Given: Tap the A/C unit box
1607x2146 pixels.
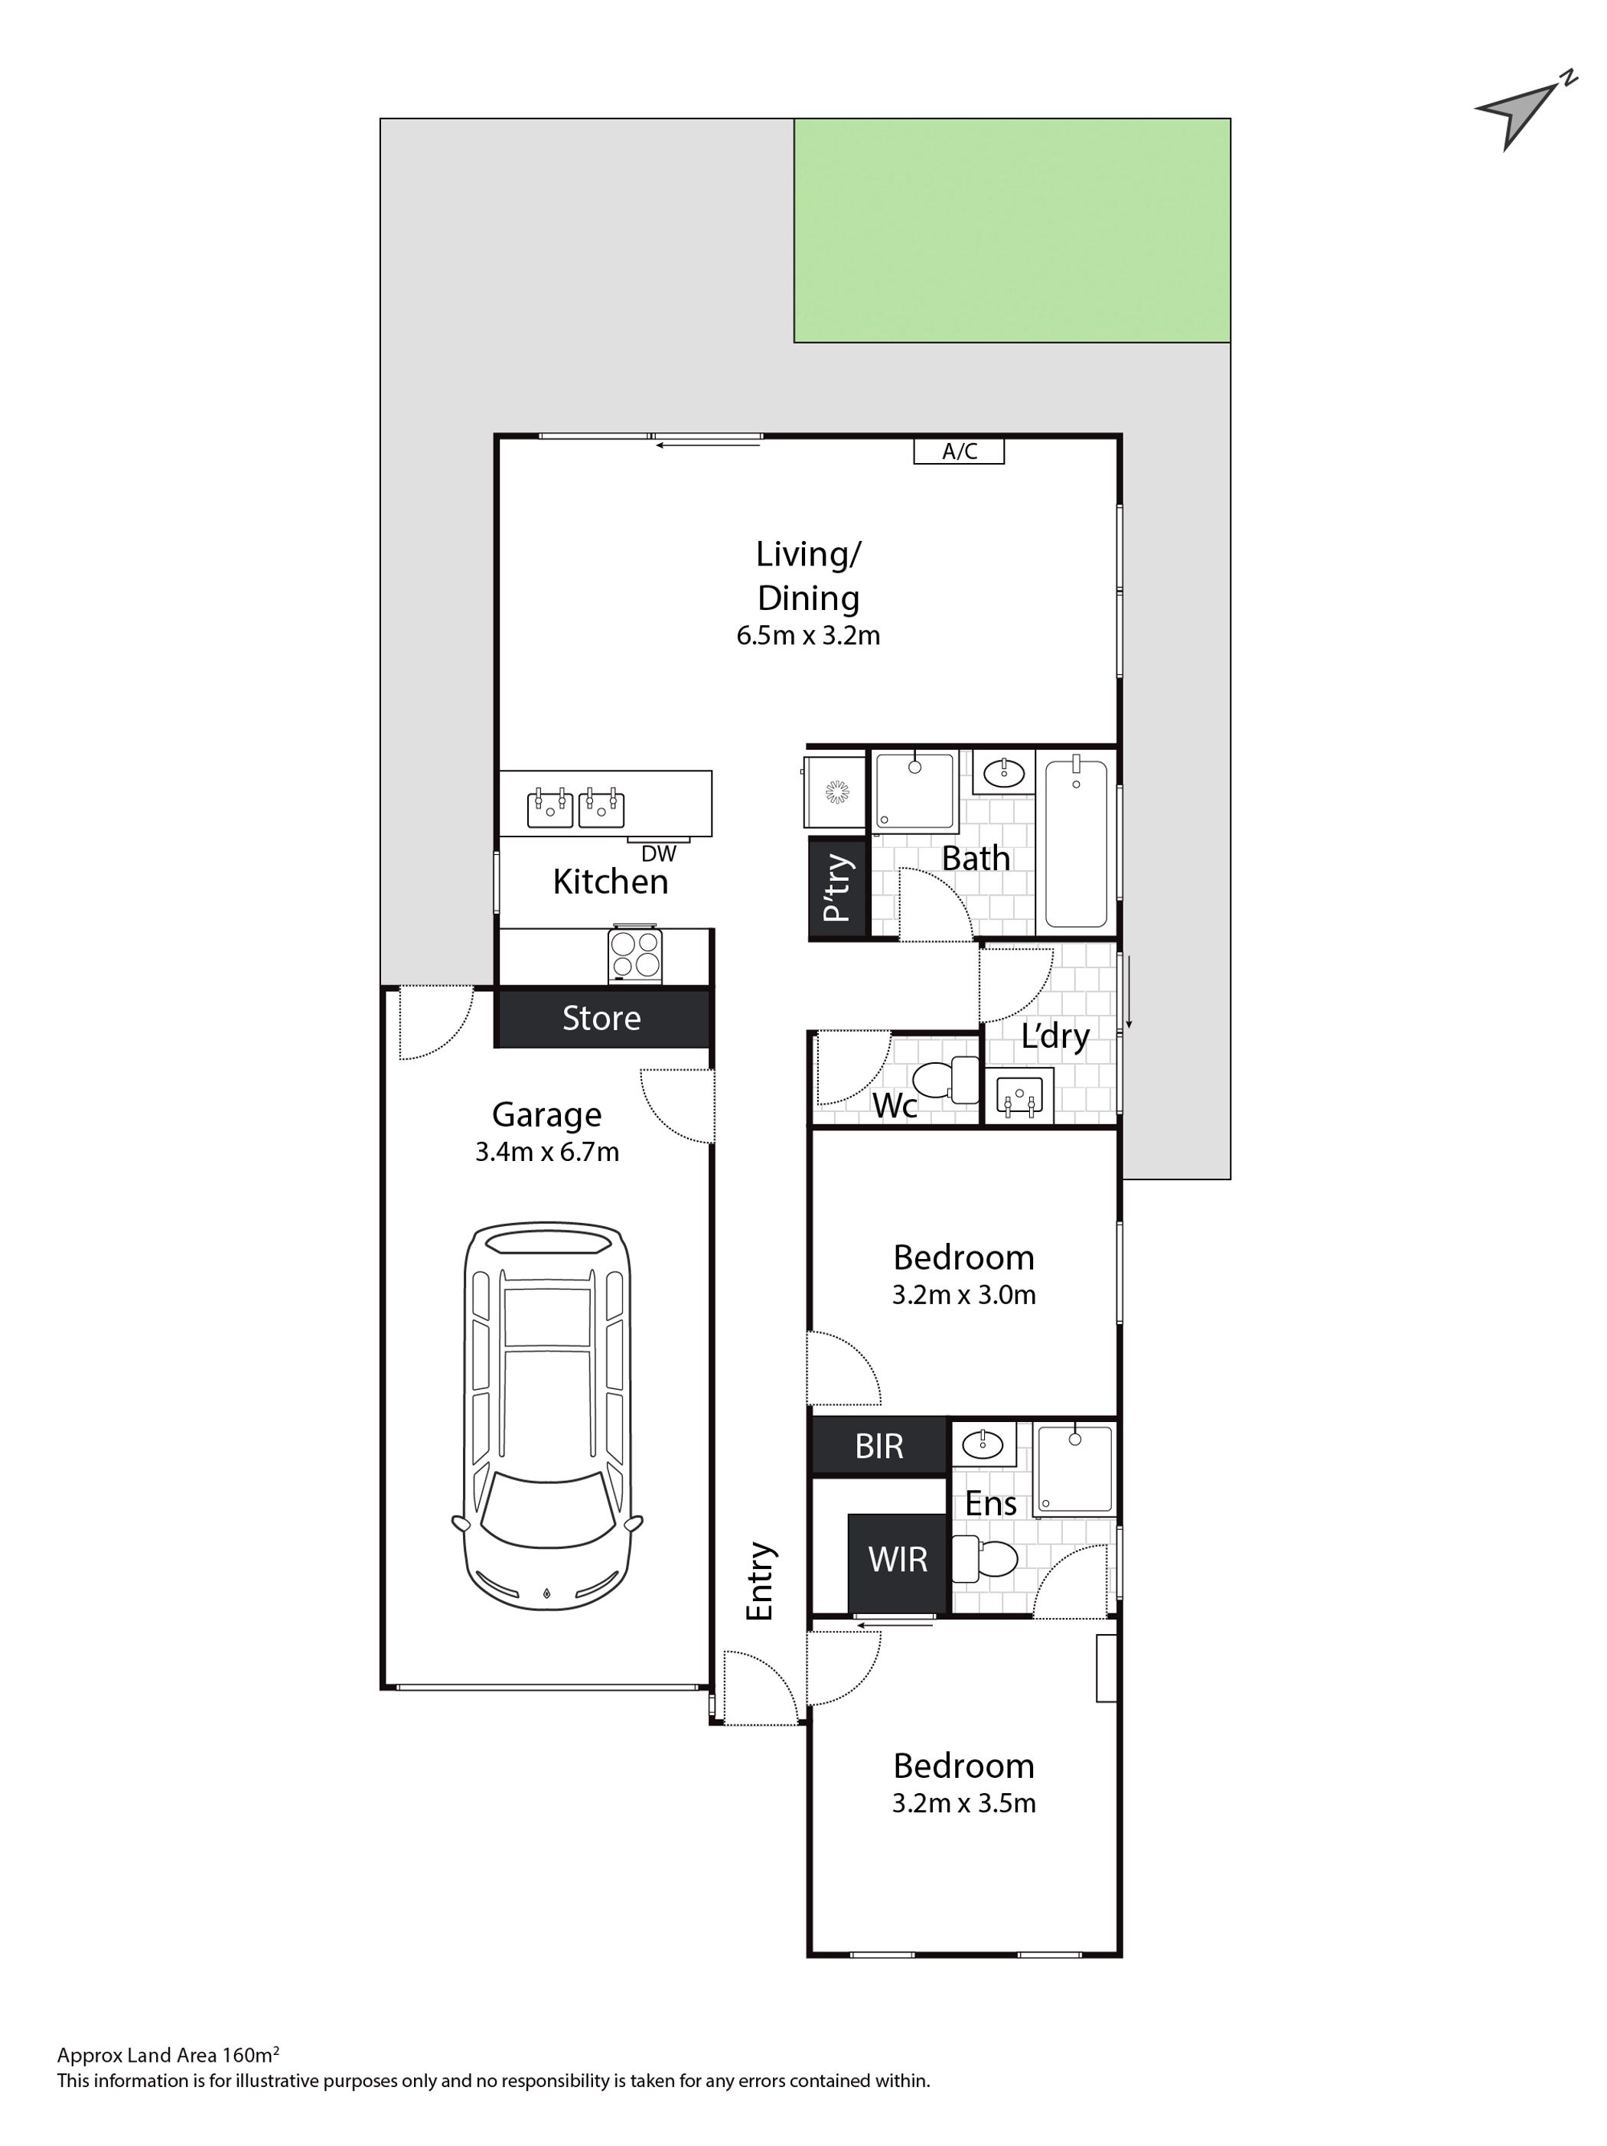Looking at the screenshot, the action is (x=958, y=451).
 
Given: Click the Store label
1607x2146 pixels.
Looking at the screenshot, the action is (x=601, y=1018).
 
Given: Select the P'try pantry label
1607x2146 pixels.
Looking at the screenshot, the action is (x=836, y=888).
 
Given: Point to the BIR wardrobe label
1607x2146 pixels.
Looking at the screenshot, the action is (x=878, y=1446).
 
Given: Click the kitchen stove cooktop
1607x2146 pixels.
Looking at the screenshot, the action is (x=635, y=956).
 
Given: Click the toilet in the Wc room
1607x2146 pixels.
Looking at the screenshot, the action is (x=947, y=1080).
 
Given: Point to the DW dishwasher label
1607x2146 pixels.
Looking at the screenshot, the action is (x=659, y=854).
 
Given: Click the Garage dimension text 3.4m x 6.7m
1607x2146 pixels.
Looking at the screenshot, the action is (x=547, y=1152).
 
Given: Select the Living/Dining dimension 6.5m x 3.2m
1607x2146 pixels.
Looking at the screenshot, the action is (x=808, y=635).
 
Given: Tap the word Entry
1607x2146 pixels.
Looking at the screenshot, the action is (x=761, y=1581).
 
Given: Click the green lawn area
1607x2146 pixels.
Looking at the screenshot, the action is (x=1012, y=230).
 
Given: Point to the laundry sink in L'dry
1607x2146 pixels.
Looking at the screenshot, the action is (x=1019, y=1095).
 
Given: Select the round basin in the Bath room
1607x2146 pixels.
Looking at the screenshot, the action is (x=1002, y=773).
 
